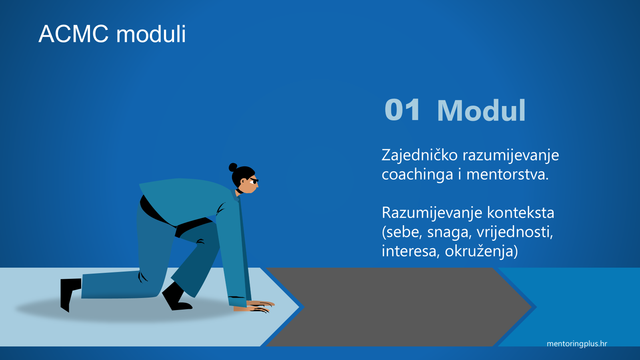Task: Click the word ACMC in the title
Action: click(x=74, y=34)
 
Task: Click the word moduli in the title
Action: click(x=151, y=34)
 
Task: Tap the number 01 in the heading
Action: click(x=402, y=110)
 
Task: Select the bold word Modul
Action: click(x=481, y=111)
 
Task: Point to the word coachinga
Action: click(x=417, y=175)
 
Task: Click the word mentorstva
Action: click(x=507, y=174)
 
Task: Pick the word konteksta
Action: click(x=520, y=212)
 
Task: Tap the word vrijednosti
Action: click(x=515, y=232)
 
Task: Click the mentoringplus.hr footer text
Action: click(x=577, y=344)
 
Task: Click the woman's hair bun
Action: click(x=233, y=167)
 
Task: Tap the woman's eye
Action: click(x=253, y=182)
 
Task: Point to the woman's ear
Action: click(x=242, y=182)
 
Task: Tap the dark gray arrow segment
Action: click(x=398, y=307)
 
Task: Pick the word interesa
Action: click(x=409, y=251)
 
